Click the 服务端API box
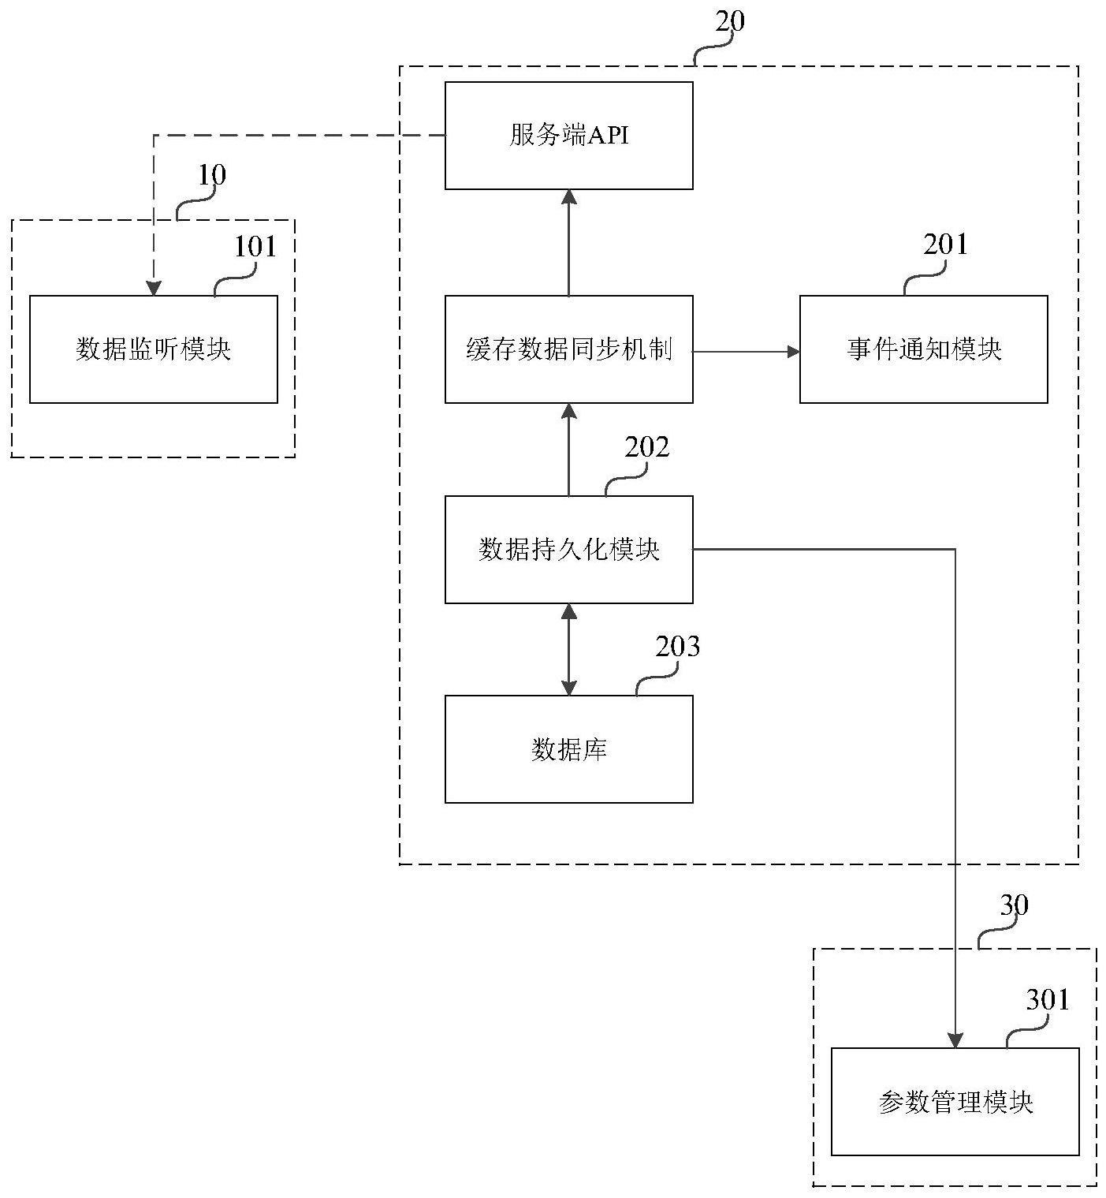(x=568, y=136)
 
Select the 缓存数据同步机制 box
(x=568, y=349)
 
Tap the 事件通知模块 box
(x=923, y=349)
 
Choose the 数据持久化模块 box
(x=568, y=550)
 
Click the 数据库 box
(x=568, y=749)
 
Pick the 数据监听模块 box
(x=153, y=349)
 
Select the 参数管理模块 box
(x=955, y=1102)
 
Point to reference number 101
(x=255, y=247)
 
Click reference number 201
(x=945, y=244)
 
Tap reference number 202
(x=646, y=447)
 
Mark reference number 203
(x=677, y=647)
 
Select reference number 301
(x=1048, y=1000)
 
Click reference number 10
(x=211, y=174)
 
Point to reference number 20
(x=729, y=21)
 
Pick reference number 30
(x=1014, y=905)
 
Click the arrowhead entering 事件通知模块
(x=793, y=351)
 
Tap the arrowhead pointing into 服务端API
(x=568, y=197)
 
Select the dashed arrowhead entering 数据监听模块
(x=154, y=289)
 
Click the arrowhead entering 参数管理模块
(x=955, y=1041)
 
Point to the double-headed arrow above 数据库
(x=568, y=649)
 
